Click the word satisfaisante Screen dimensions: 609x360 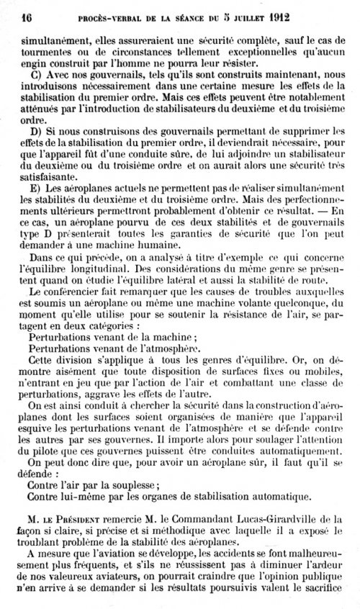pos(51,175)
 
